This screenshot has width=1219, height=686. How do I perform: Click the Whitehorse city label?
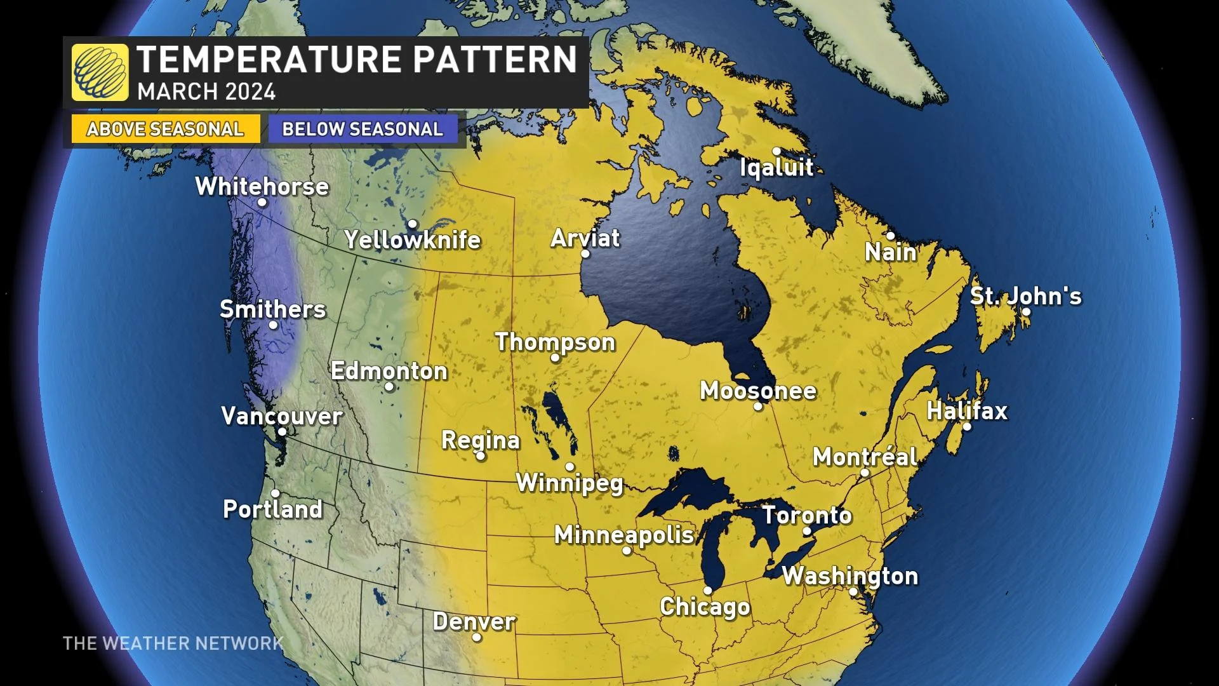click(262, 186)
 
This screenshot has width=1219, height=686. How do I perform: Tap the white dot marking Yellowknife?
click(412, 224)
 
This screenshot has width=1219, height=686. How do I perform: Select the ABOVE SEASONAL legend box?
click(165, 129)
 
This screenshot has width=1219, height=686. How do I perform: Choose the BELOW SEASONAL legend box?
click(363, 129)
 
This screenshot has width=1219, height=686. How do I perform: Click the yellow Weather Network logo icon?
click(100, 72)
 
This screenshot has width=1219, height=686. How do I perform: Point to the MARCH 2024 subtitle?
click(206, 91)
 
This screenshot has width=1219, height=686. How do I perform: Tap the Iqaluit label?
click(776, 167)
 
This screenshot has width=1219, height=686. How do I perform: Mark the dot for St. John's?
click(1026, 312)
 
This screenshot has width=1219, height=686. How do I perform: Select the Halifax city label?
click(966, 410)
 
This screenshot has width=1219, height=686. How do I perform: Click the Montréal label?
click(865, 456)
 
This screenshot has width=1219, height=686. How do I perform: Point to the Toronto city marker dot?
click(807, 531)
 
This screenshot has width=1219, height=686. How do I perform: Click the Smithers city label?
click(272, 309)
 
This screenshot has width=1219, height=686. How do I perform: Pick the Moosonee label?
click(757, 390)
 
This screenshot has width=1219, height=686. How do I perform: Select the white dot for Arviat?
click(585, 254)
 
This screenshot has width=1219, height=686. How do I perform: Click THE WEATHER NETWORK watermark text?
click(173, 643)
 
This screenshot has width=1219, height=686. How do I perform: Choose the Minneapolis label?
click(624, 535)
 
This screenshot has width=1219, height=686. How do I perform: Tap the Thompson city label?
click(555, 342)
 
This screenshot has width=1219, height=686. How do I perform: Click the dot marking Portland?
click(275, 493)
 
